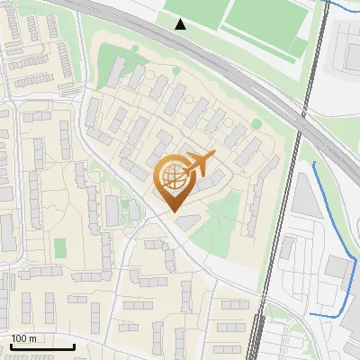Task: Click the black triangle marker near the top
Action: (x=181, y=24)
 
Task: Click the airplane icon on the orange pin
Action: (x=197, y=165)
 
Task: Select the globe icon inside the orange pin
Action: (x=171, y=178)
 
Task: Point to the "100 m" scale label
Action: (x=23, y=338)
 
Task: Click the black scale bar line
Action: (x=42, y=346)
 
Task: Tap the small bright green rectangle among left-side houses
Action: (x=60, y=247)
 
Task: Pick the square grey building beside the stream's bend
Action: (x=337, y=266)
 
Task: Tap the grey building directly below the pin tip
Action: (x=187, y=221)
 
